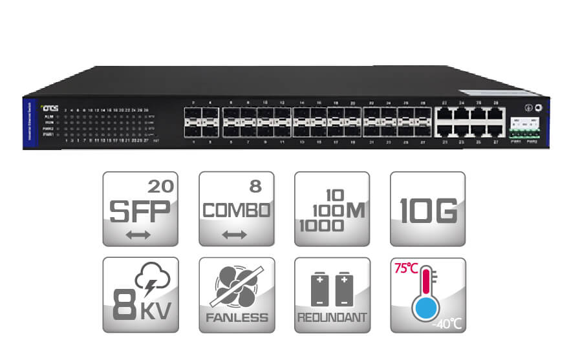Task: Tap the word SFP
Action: click(x=140, y=211)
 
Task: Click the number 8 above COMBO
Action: click(x=255, y=187)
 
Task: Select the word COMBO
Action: click(x=236, y=211)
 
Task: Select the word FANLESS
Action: click(x=236, y=317)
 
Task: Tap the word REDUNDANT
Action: click(x=332, y=317)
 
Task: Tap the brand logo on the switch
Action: click(x=49, y=109)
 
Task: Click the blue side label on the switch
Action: click(x=25, y=123)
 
